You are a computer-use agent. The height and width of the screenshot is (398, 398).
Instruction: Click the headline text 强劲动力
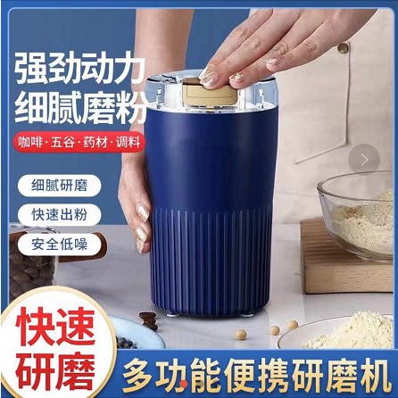[80, 69]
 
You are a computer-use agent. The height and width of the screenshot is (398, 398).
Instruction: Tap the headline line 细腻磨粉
[81, 108]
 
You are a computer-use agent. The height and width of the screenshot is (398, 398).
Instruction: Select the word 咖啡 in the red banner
[29, 142]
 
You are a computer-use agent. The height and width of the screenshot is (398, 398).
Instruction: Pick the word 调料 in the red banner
[128, 142]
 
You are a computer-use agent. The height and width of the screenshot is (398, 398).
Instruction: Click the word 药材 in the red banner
[95, 142]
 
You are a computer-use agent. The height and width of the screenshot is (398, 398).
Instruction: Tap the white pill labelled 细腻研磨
[60, 186]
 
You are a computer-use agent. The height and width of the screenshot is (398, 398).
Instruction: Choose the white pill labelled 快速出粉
[60, 214]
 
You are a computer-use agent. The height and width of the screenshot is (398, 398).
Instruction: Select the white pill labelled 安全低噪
[60, 244]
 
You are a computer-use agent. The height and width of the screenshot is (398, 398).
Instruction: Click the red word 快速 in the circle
[55, 327]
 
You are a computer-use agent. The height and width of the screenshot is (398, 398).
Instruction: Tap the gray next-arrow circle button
[364, 160]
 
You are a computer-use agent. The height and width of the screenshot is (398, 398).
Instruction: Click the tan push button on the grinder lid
[211, 93]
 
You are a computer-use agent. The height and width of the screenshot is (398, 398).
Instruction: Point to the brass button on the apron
[343, 47]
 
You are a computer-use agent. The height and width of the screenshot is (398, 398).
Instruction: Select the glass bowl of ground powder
[355, 216]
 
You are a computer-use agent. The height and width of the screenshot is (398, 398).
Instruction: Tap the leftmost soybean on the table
[241, 335]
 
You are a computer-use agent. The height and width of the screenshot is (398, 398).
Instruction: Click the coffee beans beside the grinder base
[148, 320]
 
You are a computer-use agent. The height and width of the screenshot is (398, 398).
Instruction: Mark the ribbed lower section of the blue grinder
[211, 261]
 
